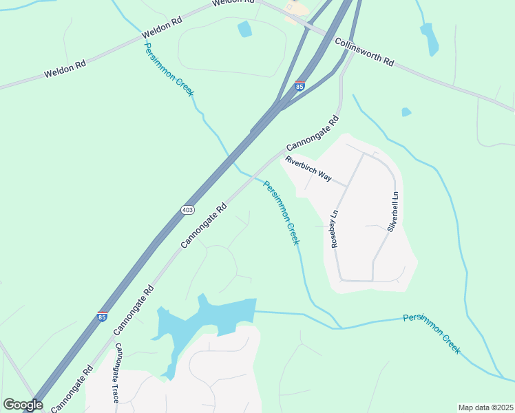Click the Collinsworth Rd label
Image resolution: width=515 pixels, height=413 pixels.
pyautogui.click(x=364, y=52)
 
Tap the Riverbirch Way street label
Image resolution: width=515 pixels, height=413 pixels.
pyautogui.click(x=308, y=169)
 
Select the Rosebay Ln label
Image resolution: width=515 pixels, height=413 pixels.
pyautogui.click(x=335, y=229)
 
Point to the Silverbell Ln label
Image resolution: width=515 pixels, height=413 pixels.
pyautogui.click(x=395, y=211)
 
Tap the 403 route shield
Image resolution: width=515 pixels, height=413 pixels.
pyautogui.click(x=188, y=209)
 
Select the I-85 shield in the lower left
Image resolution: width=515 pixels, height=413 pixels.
pyautogui.click(x=103, y=317)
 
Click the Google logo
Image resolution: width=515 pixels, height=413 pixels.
pyautogui.click(x=23, y=405)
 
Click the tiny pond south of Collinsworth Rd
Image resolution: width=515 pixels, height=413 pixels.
pyautogui.click(x=406, y=112)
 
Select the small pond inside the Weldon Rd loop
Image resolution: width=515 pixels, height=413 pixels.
pyautogui.click(x=244, y=30)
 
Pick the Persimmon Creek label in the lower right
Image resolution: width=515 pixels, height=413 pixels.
pyautogui.click(x=432, y=333)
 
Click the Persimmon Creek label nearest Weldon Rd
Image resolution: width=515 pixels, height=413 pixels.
pyautogui.click(x=169, y=69)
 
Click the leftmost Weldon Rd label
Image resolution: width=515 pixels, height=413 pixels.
pyautogui.click(x=65, y=70)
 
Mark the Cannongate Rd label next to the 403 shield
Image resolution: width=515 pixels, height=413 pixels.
pyautogui.click(x=204, y=225)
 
